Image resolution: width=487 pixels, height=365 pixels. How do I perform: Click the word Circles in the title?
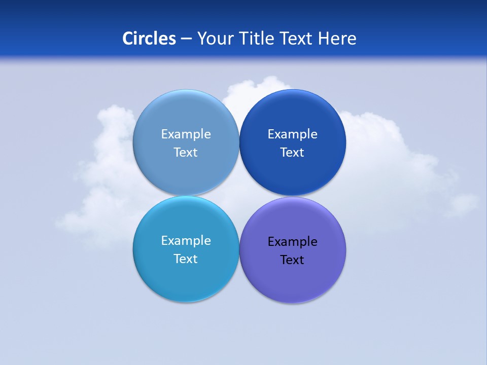pyautogui.click(x=149, y=39)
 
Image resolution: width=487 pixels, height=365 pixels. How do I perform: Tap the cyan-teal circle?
pyautogui.click(x=186, y=276)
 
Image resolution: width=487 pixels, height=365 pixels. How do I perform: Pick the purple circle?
pyautogui.click(x=292, y=279)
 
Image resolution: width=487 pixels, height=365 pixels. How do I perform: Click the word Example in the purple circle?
pyautogui.click(x=292, y=242)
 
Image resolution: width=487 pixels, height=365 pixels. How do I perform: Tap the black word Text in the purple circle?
pyautogui.click(x=292, y=260)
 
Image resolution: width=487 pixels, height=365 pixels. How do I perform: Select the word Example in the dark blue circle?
pyautogui.click(x=292, y=134)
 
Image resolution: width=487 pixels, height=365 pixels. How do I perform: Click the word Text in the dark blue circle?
pyautogui.click(x=292, y=153)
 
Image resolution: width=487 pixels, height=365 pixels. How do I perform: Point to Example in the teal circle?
pyautogui.click(x=186, y=241)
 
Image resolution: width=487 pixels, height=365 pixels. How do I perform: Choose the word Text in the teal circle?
pyautogui.click(x=186, y=259)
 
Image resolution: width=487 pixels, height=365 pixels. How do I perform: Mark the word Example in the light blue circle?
pyautogui.click(x=186, y=134)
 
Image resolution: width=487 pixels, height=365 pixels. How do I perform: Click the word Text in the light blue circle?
pyautogui.click(x=186, y=153)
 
